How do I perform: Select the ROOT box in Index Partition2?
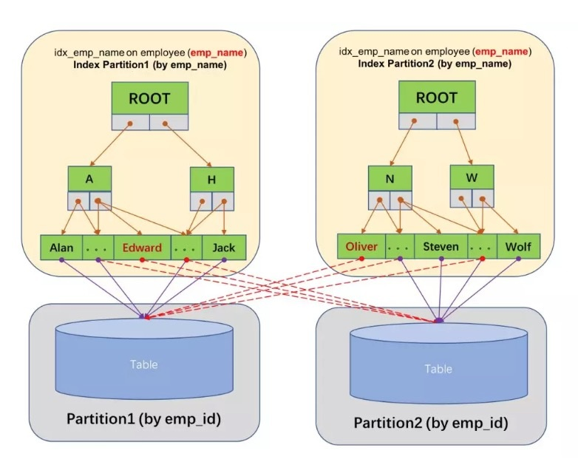click(x=436, y=97)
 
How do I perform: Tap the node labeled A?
click(x=89, y=178)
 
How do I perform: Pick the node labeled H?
click(x=212, y=180)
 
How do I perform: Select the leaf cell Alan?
click(x=61, y=247)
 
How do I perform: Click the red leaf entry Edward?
click(x=142, y=247)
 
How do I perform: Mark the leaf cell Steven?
click(x=441, y=246)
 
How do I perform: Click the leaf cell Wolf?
click(x=518, y=246)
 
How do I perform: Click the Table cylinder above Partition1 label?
click(x=143, y=357)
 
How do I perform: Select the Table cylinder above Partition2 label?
click(x=438, y=362)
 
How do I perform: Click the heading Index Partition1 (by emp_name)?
click(x=150, y=65)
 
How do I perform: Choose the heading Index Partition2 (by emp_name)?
click(x=435, y=64)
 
